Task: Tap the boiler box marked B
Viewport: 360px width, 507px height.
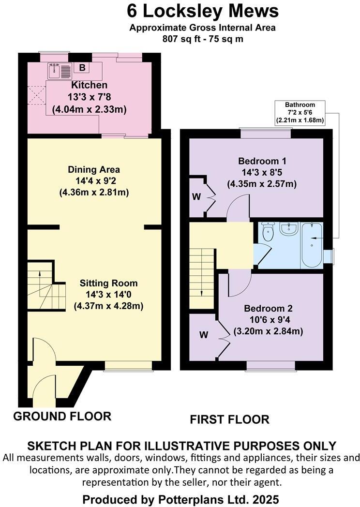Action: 82,68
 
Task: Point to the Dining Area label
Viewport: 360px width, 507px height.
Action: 94,170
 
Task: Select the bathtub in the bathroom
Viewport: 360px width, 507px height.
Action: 313,244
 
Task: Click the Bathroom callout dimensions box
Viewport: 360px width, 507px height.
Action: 300,112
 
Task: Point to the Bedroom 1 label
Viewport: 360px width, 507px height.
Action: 261,161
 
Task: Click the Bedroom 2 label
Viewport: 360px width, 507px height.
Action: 268,309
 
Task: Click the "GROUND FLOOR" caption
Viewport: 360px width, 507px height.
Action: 62,416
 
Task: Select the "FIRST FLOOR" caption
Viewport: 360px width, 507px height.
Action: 229,419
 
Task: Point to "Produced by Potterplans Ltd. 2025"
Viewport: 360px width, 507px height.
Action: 180,498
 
